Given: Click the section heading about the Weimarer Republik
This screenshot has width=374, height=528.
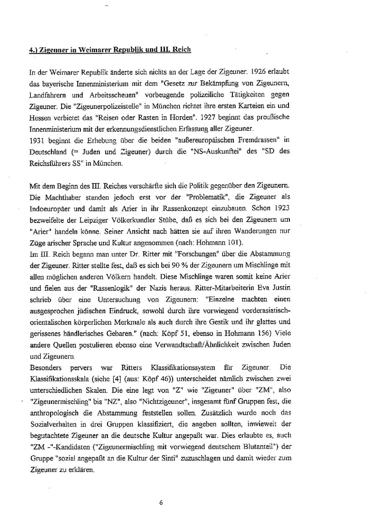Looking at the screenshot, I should (110, 49).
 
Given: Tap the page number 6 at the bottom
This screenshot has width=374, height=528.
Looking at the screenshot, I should (161, 503).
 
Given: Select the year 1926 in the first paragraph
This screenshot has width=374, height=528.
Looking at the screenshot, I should (259, 73).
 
